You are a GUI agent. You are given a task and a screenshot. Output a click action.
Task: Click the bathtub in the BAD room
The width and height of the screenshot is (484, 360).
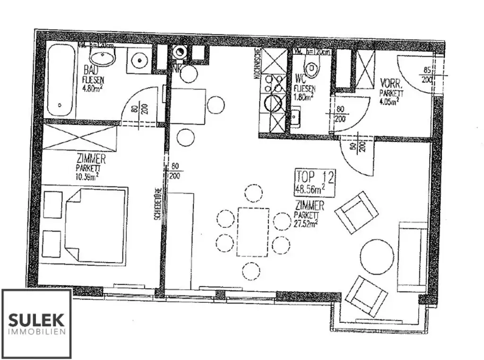[x=60, y=81]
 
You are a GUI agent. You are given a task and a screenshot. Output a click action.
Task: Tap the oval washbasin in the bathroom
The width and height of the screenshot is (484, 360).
[x=102, y=59]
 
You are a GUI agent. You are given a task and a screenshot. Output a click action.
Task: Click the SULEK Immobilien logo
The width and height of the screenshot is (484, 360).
[x=37, y=323]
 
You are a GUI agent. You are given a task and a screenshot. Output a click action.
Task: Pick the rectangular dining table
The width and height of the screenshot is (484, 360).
[x=253, y=231]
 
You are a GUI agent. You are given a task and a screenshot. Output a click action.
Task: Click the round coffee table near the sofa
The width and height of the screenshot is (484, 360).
[x=377, y=257]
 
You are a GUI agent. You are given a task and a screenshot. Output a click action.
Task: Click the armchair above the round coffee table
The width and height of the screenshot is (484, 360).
[x=357, y=212]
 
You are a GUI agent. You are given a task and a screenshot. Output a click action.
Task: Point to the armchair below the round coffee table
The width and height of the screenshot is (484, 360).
[x=366, y=296]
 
